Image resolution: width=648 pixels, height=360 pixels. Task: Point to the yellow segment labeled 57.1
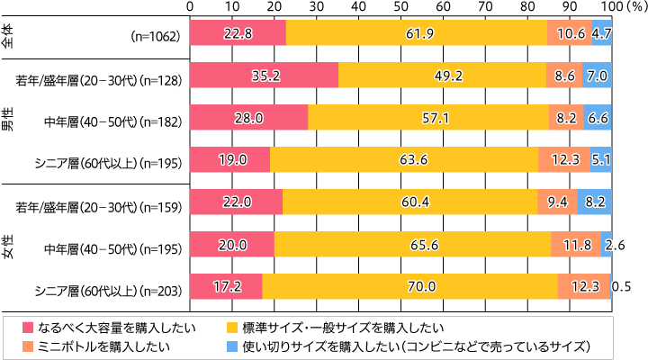427,117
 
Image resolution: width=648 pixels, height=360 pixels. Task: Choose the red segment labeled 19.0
229,159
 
